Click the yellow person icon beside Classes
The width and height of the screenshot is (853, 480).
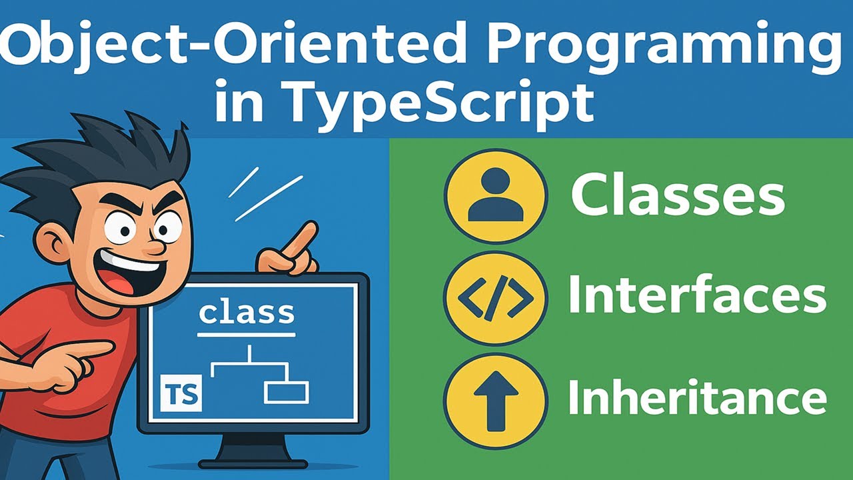[x=495, y=196]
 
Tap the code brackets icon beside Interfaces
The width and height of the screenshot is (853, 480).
[x=495, y=297]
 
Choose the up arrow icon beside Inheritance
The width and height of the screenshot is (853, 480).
[x=495, y=400]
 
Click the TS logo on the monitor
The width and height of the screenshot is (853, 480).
[x=181, y=394]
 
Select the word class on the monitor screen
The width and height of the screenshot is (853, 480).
[x=247, y=312]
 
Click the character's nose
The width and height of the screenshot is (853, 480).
[x=152, y=245]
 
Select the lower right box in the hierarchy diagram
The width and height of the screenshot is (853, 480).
[x=286, y=392]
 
